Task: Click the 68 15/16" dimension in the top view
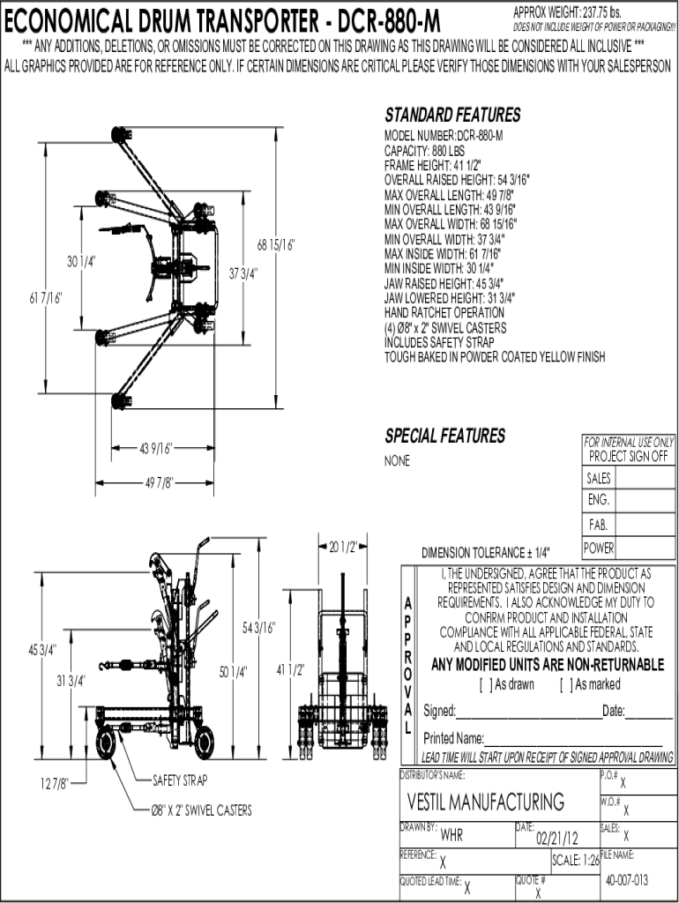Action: (275, 245)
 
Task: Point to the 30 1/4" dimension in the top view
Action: (81, 261)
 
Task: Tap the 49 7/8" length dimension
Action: (159, 482)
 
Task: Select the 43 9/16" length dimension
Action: (155, 448)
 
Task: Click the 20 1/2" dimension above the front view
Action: (343, 547)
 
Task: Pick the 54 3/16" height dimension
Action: (258, 627)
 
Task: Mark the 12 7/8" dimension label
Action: (54, 783)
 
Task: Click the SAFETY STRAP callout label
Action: (180, 780)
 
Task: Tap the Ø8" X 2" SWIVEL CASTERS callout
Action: (201, 810)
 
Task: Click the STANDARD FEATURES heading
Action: (452, 116)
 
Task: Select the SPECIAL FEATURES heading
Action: (444, 436)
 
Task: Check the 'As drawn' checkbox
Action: (486, 684)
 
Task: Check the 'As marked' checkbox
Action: (566, 684)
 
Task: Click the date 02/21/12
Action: (557, 838)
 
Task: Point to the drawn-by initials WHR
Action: (451, 834)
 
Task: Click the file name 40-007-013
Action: (627, 880)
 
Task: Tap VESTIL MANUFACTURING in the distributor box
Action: (486, 802)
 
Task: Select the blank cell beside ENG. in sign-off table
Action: (644, 500)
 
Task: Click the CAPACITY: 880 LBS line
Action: (424, 151)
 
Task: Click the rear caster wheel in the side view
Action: (106, 743)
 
